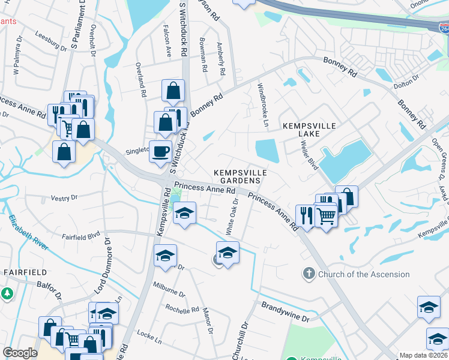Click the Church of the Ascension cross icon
tap(309, 274)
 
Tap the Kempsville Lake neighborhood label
tap(309, 130)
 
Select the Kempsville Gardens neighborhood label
tap(240, 176)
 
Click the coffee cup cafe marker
tap(160, 151)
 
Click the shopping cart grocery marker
tap(326, 216)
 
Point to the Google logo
tap(20, 353)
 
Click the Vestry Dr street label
tap(64, 197)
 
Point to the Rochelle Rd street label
tap(182, 310)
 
